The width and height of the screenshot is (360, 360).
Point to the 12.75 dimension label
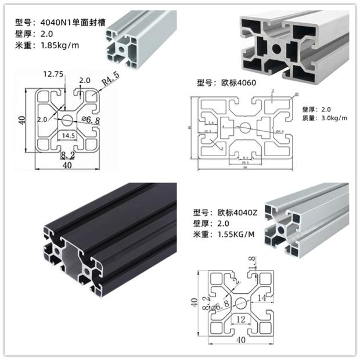tap(53, 74)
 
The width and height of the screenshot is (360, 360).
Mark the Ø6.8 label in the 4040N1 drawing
tap(91, 120)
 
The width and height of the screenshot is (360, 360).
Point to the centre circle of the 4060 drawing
tap(244, 127)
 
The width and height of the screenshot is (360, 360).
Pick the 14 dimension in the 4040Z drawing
tap(277, 298)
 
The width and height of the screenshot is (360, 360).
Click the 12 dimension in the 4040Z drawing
tap(240, 318)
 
